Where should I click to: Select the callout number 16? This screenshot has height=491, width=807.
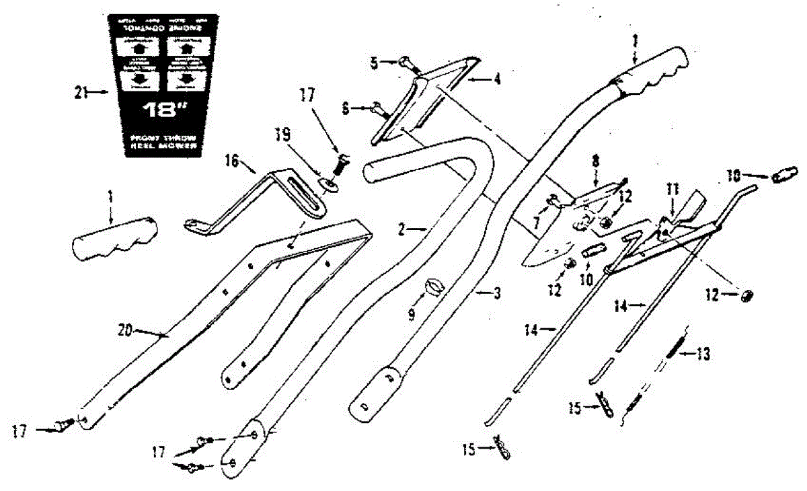tap(232, 161)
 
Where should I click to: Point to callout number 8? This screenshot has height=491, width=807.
tap(595, 162)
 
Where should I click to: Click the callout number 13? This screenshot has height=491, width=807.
tap(703, 354)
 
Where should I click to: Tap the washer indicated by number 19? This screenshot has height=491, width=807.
tap(328, 183)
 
